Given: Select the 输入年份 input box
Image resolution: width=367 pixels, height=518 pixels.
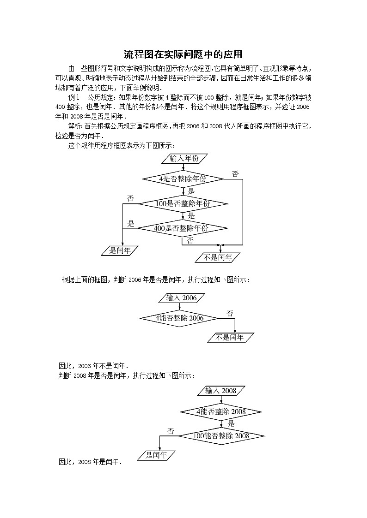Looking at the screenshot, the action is tap(183, 158).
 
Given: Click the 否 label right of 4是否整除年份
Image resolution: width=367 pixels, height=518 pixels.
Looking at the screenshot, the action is tap(235, 174).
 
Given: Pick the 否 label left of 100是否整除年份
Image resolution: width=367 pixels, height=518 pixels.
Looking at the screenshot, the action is tap(130, 198).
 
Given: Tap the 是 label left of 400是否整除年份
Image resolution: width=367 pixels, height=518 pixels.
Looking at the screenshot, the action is tap(131, 224).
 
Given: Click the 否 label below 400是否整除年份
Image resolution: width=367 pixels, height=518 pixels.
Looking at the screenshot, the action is tap(190, 240).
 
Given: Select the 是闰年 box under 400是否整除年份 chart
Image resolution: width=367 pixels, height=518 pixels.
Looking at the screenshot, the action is tap(120, 251).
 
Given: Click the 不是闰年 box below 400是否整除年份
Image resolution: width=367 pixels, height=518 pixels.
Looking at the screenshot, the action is tap(218, 257).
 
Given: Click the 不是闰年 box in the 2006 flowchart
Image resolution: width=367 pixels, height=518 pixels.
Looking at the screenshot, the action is tap(230, 338).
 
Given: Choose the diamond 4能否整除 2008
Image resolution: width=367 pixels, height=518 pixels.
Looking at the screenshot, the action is tap(221, 411).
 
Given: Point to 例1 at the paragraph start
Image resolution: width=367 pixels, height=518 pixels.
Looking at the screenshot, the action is tap(74, 97).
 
